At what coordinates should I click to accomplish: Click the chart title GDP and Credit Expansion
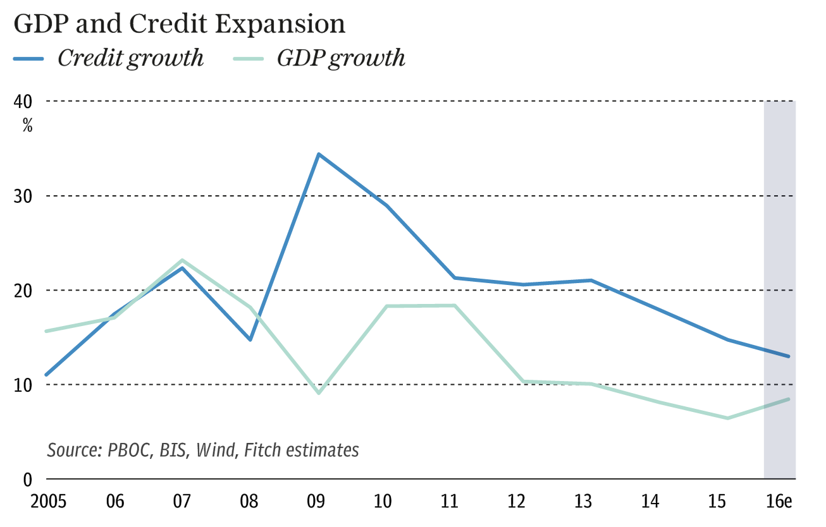(180, 24)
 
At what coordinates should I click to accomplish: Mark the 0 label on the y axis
(28, 480)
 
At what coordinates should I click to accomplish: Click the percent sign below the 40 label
(28, 125)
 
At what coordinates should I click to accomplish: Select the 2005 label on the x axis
(49, 502)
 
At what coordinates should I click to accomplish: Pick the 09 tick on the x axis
(316, 502)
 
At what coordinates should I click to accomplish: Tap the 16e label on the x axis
(780, 502)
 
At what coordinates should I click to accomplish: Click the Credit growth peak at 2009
(319, 154)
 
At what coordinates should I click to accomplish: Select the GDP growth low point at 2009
(319, 393)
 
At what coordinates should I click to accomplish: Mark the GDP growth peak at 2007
(182, 260)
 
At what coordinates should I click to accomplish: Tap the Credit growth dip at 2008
(250, 340)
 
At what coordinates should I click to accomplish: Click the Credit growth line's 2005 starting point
(46, 375)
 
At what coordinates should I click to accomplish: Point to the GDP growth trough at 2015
(728, 418)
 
